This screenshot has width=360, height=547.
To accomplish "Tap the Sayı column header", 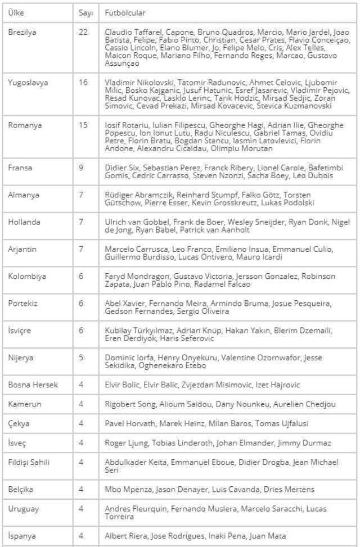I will point(85,12).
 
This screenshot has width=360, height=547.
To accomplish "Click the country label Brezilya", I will point(22,32).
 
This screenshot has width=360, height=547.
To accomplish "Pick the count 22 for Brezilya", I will point(83,32).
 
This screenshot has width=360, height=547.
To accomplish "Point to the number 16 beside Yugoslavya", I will point(83,83).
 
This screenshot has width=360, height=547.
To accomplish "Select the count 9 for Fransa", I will point(81,168).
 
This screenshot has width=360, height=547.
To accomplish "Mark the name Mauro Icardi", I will point(258,257).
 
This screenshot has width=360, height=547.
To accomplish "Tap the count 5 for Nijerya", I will point(81,358).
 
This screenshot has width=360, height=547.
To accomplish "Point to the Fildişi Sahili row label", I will point(29,462).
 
